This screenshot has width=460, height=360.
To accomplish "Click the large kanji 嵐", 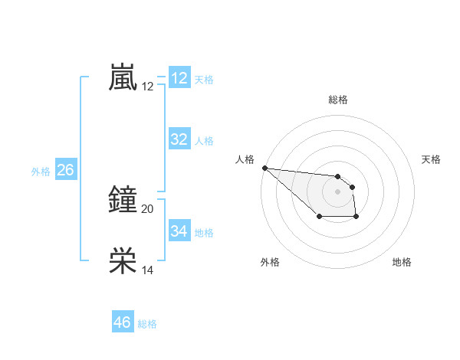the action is click(123, 78).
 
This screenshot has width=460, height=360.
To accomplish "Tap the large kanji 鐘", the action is click(123, 200).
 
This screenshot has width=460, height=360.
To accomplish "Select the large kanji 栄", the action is click(123, 261).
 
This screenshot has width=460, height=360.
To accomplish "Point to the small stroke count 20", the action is click(148, 208).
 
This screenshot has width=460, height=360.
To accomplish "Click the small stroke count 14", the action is click(148, 270).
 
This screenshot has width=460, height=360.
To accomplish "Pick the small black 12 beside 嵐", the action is click(148, 87).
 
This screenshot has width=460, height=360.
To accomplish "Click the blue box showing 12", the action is click(179, 78).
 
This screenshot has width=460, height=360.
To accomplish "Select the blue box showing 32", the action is click(179, 139).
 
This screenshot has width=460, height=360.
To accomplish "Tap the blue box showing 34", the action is click(179, 231).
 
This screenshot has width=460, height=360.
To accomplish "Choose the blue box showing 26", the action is click(65, 170).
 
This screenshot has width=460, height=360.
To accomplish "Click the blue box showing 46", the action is click(123, 322).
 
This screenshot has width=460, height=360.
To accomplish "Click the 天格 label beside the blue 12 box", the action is click(204, 80).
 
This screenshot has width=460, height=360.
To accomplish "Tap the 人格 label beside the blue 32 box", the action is click(204, 141).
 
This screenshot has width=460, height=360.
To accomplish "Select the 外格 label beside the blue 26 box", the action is click(41, 172).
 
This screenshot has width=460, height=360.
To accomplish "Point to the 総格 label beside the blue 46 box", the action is click(147, 324).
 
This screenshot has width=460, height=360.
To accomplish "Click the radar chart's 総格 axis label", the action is click(338, 100).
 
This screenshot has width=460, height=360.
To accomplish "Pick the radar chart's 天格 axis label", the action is click(432, 159).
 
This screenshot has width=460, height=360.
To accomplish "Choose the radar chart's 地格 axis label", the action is click(402, 262).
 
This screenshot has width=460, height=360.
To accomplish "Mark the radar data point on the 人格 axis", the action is click(264, 168).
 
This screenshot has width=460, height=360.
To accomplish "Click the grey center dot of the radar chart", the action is click(337, 191).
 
